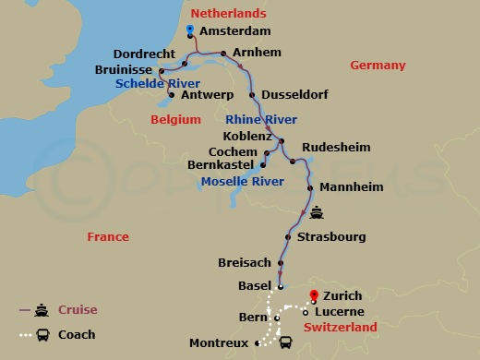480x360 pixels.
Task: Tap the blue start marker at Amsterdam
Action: click(189, 30)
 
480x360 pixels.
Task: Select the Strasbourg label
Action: click(331, 237)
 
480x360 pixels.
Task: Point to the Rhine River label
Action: click(261, 120)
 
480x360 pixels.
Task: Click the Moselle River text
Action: click(241, 181)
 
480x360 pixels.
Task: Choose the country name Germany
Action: click(378, 65)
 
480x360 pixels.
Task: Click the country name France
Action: click(108, 237)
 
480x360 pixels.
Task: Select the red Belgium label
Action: click(175, 119)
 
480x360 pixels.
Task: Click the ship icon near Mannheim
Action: click(317, 211)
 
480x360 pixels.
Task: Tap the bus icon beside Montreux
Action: click(286, 343)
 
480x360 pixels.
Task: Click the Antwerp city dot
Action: click(172, 94)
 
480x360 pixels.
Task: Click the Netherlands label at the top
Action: click(228, 13)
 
